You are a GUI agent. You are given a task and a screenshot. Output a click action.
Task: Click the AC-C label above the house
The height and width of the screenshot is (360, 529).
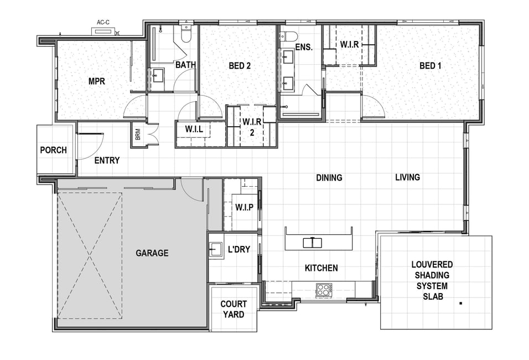click(103, 23)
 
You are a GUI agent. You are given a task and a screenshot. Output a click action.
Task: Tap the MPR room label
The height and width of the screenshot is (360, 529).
click(97, 81)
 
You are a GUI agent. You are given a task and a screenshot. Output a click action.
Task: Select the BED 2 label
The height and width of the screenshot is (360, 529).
click(240, 65)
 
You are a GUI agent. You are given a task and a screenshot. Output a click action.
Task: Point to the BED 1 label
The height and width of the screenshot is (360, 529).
click(430, 65)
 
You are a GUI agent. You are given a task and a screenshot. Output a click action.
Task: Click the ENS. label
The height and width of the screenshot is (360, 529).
click(304, 47)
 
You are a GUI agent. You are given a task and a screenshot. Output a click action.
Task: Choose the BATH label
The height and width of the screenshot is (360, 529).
click(185, 65)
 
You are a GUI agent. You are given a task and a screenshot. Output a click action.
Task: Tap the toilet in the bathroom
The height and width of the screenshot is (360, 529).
click(186, 34)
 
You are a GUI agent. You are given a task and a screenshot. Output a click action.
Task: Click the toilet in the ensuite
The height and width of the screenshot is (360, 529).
click(289, 36)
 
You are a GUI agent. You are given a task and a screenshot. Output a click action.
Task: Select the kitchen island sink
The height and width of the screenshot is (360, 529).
click(313, 243)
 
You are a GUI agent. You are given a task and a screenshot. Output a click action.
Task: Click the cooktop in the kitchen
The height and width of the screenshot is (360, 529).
click(324, 290)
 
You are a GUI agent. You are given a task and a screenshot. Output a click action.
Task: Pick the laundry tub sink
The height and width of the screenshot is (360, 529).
click(215, 250)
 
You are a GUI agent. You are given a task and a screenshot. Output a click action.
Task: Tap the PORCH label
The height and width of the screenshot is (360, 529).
click(53, 150)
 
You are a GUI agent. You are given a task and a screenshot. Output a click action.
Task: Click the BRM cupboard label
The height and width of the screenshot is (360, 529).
click(138, 135)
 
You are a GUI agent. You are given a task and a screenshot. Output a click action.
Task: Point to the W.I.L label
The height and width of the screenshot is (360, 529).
click(194, 129)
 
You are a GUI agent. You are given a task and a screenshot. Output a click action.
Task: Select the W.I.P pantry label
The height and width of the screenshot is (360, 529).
click(244, 207)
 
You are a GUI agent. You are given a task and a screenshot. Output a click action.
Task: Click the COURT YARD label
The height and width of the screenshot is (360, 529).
click(234, 309)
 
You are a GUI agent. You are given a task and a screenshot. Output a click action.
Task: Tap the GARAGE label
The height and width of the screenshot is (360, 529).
click(152, 253)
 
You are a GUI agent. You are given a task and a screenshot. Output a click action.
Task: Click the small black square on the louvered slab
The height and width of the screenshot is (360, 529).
click(461, 304)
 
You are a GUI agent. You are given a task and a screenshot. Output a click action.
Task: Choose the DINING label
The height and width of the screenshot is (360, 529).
click(329, 178)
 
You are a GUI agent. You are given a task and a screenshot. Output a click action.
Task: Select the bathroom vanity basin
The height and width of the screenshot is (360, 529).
click(157, 76)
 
